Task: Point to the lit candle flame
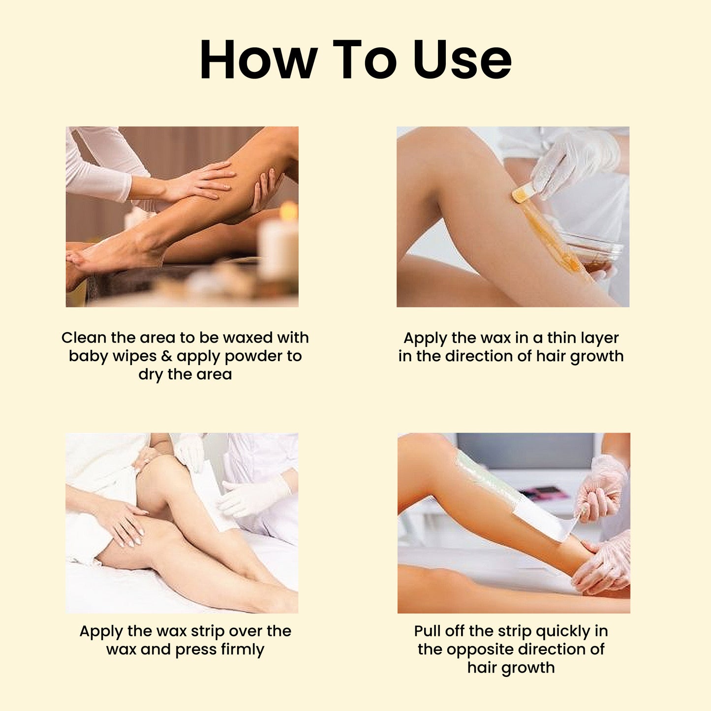pyautogui.click(x=289, y=211)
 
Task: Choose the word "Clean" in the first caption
pyautogui.click(x=84, y=338)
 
